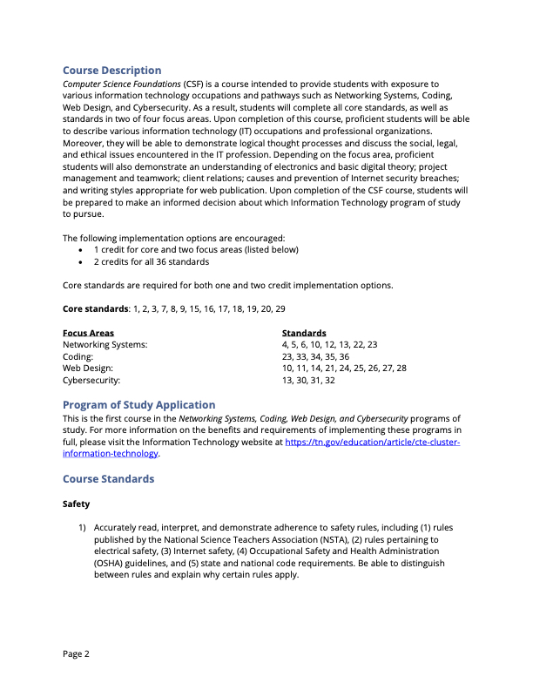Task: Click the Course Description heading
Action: click(x=111, y=71)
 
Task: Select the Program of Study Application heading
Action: click(x=138, y=405)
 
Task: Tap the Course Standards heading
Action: click(x=108, y=479)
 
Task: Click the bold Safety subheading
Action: click(x=76, y=504)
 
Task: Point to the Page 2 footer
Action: click(x=76, y=654)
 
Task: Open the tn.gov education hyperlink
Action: click(x=372, y=443)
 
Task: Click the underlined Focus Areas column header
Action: click(x=88, y=333)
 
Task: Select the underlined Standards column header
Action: click(x=304, y=333)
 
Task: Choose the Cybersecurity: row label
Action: click(x=91, y=380)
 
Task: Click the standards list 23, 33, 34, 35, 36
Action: click(x=315, y=356)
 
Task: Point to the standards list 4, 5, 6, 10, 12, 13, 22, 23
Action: click(x=329, y=345)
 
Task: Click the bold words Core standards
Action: click(x=95, y=309)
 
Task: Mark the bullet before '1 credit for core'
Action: click(x=81, y=250)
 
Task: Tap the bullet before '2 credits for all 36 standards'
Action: click(x=81, y=261)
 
